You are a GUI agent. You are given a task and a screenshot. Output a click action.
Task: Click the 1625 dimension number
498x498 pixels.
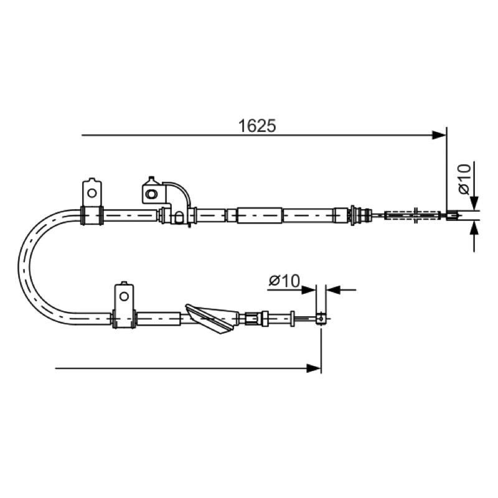coord(257,126)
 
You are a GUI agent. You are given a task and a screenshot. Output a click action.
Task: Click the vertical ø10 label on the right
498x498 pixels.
coord(464,179)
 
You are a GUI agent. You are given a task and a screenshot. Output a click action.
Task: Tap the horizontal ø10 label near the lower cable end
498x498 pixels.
coord(284,281)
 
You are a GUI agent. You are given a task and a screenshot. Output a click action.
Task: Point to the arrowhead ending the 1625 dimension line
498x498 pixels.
coord(439,135)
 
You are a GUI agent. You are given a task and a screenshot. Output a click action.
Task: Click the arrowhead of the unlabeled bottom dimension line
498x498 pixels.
coord(314,369)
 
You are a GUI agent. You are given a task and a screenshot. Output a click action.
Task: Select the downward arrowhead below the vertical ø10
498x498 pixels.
coord(474,203)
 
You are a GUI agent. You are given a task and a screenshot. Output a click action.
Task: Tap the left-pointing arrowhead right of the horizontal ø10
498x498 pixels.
coord(334,289)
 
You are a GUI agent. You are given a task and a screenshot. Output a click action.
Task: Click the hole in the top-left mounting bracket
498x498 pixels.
coord(92,193)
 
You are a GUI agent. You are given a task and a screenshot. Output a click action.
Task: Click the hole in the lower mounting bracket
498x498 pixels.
coord(124,297)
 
